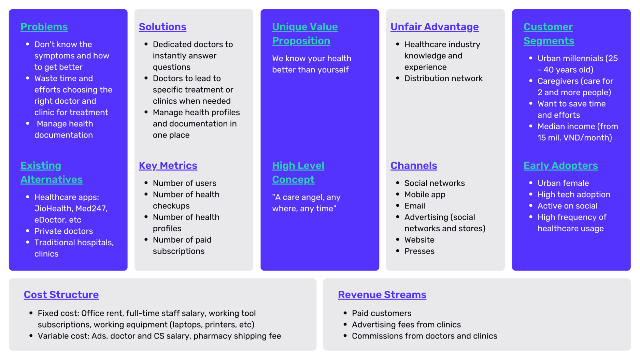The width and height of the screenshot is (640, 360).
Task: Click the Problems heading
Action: [x=44, y=27]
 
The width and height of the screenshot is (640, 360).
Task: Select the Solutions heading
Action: [x=162, y=27]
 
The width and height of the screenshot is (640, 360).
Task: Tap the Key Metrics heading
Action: [x=168, y=165]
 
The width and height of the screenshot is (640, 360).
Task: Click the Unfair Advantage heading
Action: [x=435, y=27]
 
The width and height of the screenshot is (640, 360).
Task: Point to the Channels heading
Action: [x=414, y=165]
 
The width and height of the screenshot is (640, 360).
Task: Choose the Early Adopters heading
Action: [x=560, y=165]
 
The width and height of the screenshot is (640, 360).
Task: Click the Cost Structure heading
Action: [x=61, y=294]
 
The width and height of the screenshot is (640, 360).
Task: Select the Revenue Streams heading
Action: [x=382, y=294]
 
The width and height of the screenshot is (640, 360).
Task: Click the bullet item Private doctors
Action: [x=63, y=231]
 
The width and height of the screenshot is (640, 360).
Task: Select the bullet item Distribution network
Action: [x=443, y=78]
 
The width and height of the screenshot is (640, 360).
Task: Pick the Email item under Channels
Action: [x=415, y=206]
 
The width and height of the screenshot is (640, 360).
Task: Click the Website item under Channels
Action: [x=419, y=240]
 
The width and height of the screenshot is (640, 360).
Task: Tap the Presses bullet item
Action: [x=419, y=251]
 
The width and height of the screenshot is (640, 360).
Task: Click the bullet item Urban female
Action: [x=563, y=183]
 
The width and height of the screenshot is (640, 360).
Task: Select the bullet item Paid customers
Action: [x=381, y=313]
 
